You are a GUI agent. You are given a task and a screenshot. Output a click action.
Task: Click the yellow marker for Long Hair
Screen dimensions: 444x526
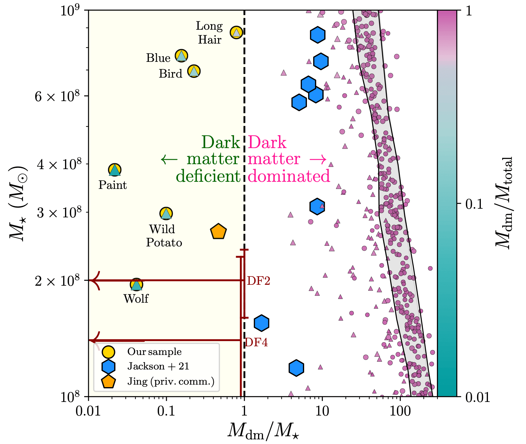[x=236, y=32]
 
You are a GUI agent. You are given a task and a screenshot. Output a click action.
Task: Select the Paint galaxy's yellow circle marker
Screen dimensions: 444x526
[x=115, y=170]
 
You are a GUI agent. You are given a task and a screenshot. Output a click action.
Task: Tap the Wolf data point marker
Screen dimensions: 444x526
[x=136, y=284]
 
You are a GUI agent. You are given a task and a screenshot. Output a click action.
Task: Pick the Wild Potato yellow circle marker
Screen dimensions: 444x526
[x=166, y=213]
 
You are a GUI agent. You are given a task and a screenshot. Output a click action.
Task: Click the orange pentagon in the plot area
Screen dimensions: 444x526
[x=218, y=232]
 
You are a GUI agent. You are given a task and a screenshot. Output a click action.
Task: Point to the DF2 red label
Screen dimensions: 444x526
[x=259, y=281]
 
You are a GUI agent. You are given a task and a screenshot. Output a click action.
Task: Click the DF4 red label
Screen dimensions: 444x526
[x=257, y=342]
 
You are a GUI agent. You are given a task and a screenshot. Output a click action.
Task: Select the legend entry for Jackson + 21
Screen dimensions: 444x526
[x=158, y=366]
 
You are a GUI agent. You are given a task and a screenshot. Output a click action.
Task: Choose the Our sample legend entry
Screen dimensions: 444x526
[x=154, y=352]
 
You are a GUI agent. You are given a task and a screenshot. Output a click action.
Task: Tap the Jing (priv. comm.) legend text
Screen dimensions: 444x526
[x=171, y=381]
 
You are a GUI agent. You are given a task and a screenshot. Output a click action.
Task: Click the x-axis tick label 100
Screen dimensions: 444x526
[x=400, y=412]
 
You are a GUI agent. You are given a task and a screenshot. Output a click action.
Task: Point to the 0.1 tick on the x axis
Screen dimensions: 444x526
[x=166, y=412]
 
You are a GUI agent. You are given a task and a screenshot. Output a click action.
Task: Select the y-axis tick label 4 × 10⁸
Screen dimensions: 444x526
[x=58, y=164]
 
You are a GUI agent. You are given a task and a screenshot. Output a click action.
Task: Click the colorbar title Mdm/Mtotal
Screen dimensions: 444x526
[x=504, y=203]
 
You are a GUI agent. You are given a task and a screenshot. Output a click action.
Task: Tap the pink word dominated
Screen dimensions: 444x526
[x=289, y=176]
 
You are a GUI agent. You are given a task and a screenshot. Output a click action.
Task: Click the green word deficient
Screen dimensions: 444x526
[x=208, y=176]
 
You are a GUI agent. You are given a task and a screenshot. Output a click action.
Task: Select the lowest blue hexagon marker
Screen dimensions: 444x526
[x=296, y=368]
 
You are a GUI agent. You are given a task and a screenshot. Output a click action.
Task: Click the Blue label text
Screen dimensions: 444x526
[x=158, y=58]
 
